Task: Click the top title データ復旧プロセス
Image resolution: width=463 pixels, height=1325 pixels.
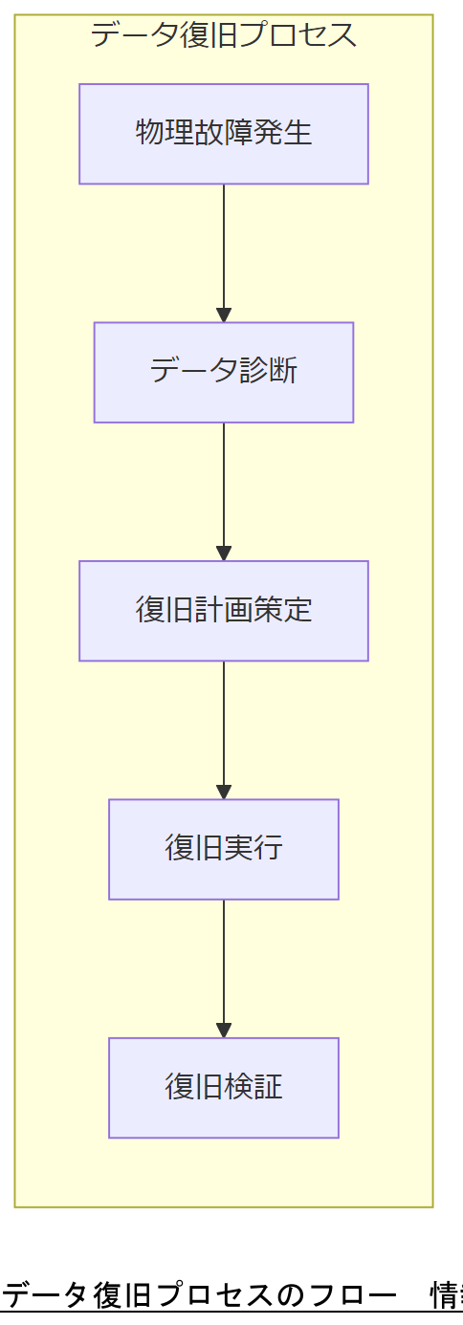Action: pos(224,35)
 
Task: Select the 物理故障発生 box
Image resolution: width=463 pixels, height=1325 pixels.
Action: pos(224,134)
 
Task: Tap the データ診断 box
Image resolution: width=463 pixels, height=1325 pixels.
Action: pos(224,372)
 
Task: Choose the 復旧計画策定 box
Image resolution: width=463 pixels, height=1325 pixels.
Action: pos(224,611)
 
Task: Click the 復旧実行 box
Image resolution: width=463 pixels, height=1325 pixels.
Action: pos(224,849)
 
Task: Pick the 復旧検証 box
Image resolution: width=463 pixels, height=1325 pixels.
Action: pos(224,1088)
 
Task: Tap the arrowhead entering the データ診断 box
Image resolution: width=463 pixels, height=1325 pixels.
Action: pos(224,315)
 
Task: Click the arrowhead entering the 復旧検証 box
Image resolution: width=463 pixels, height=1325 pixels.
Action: pos(224,1032)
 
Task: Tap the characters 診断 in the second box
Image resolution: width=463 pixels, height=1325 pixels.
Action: pos(268,371)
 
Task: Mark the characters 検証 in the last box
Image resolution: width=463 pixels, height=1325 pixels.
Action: pos(254,1088)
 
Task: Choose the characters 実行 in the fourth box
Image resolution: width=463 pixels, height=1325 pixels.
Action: pos(254,849)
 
